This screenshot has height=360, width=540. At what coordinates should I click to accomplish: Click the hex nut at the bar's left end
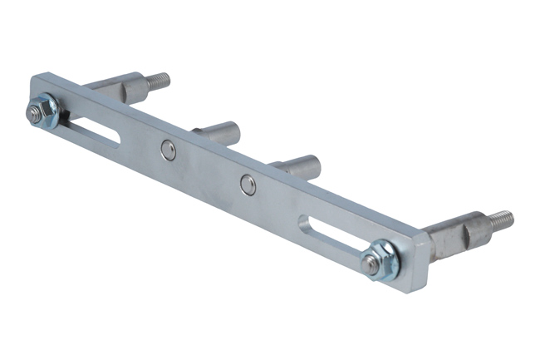coord(39,111)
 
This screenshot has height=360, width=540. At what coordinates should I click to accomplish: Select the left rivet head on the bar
coord(168,149)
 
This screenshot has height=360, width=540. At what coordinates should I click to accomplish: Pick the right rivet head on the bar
coord(248,184)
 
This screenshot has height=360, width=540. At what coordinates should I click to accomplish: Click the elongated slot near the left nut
coord(96,131)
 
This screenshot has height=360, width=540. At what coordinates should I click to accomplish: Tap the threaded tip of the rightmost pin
coord(501,221)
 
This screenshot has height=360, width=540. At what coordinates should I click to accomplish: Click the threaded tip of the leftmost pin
coord(159,81)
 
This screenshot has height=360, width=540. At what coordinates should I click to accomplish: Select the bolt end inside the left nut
coord(35,114)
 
